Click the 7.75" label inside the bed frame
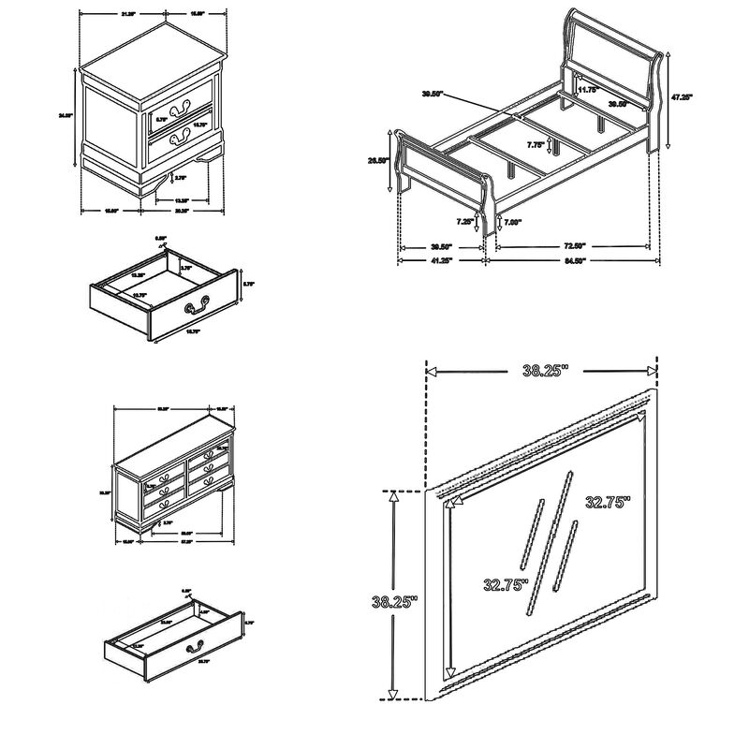coord(535,144)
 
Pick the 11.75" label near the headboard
coord(588,89)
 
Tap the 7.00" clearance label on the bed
coord(513,222)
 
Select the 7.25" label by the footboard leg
coord(464,222)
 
